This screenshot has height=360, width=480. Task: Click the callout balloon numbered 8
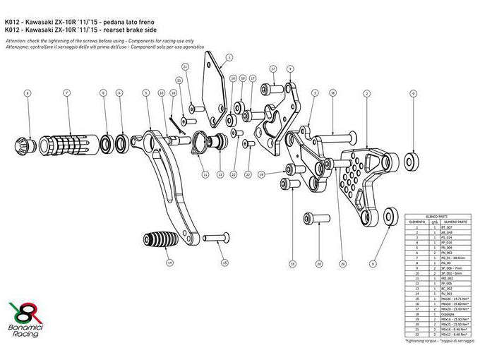[28, 93]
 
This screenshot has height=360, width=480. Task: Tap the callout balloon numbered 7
[66, 93]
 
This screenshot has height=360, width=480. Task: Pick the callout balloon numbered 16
[332, 92]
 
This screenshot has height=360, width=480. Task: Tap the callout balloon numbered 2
[367, 93]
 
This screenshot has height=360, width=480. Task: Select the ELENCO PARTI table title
[438, 212]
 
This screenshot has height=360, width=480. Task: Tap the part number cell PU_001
[447, 293]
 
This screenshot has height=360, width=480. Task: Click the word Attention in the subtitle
[16, 42]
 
